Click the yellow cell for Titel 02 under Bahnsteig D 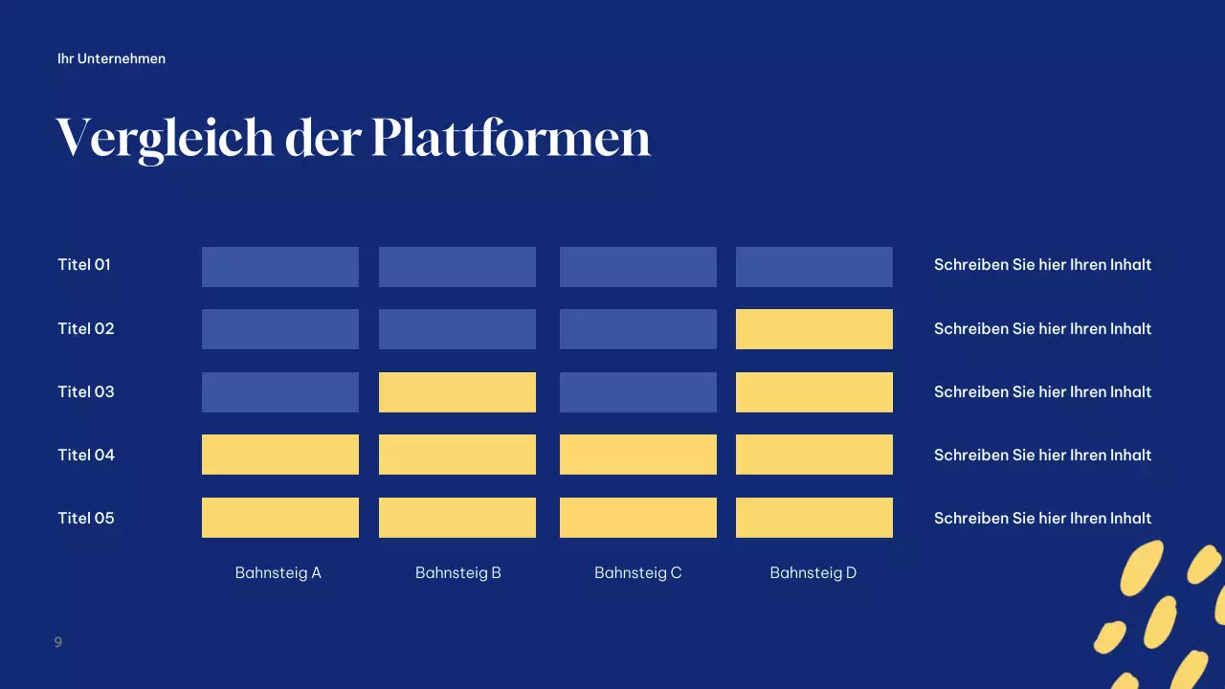pyautogui.click(x=813, y=328)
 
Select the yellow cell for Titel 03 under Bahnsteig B pyautogui.click(x=457, y=391)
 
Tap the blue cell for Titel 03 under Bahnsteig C pyautogui.click(x=637, y=391)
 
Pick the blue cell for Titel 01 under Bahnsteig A pyautogui.click(x=279, y=266)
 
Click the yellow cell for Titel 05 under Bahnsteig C pyautogui.click(x=637, y=517)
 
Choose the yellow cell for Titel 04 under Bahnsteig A pyautogui.click(x=279, y=454)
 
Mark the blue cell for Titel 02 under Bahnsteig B pyautogui.click(x=457, y=328)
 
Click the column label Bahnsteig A pyautogui.click(x=278, y=572)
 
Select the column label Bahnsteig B pyautogui.click(x=457, y=572)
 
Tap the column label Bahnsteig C pyautogui.click(x=637, y=572)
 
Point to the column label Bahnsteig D pyautogui.click(x=813, y=572)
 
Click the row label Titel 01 pyautogui.click(x=84, y=264)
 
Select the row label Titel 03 pyautogui.click(x=85, y=391)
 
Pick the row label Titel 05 pyautogui.click(x=85, y=518)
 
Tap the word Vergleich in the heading pyautogui.click(x=165, y=139)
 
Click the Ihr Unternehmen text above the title pyautogui.click(x=111, y=58)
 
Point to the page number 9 pyautogui.click(x=58, y=641)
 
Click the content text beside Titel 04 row pyautogui.click(x=1042, y=455)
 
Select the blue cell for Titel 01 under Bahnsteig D pyautogui.click(x=813, y=266)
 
